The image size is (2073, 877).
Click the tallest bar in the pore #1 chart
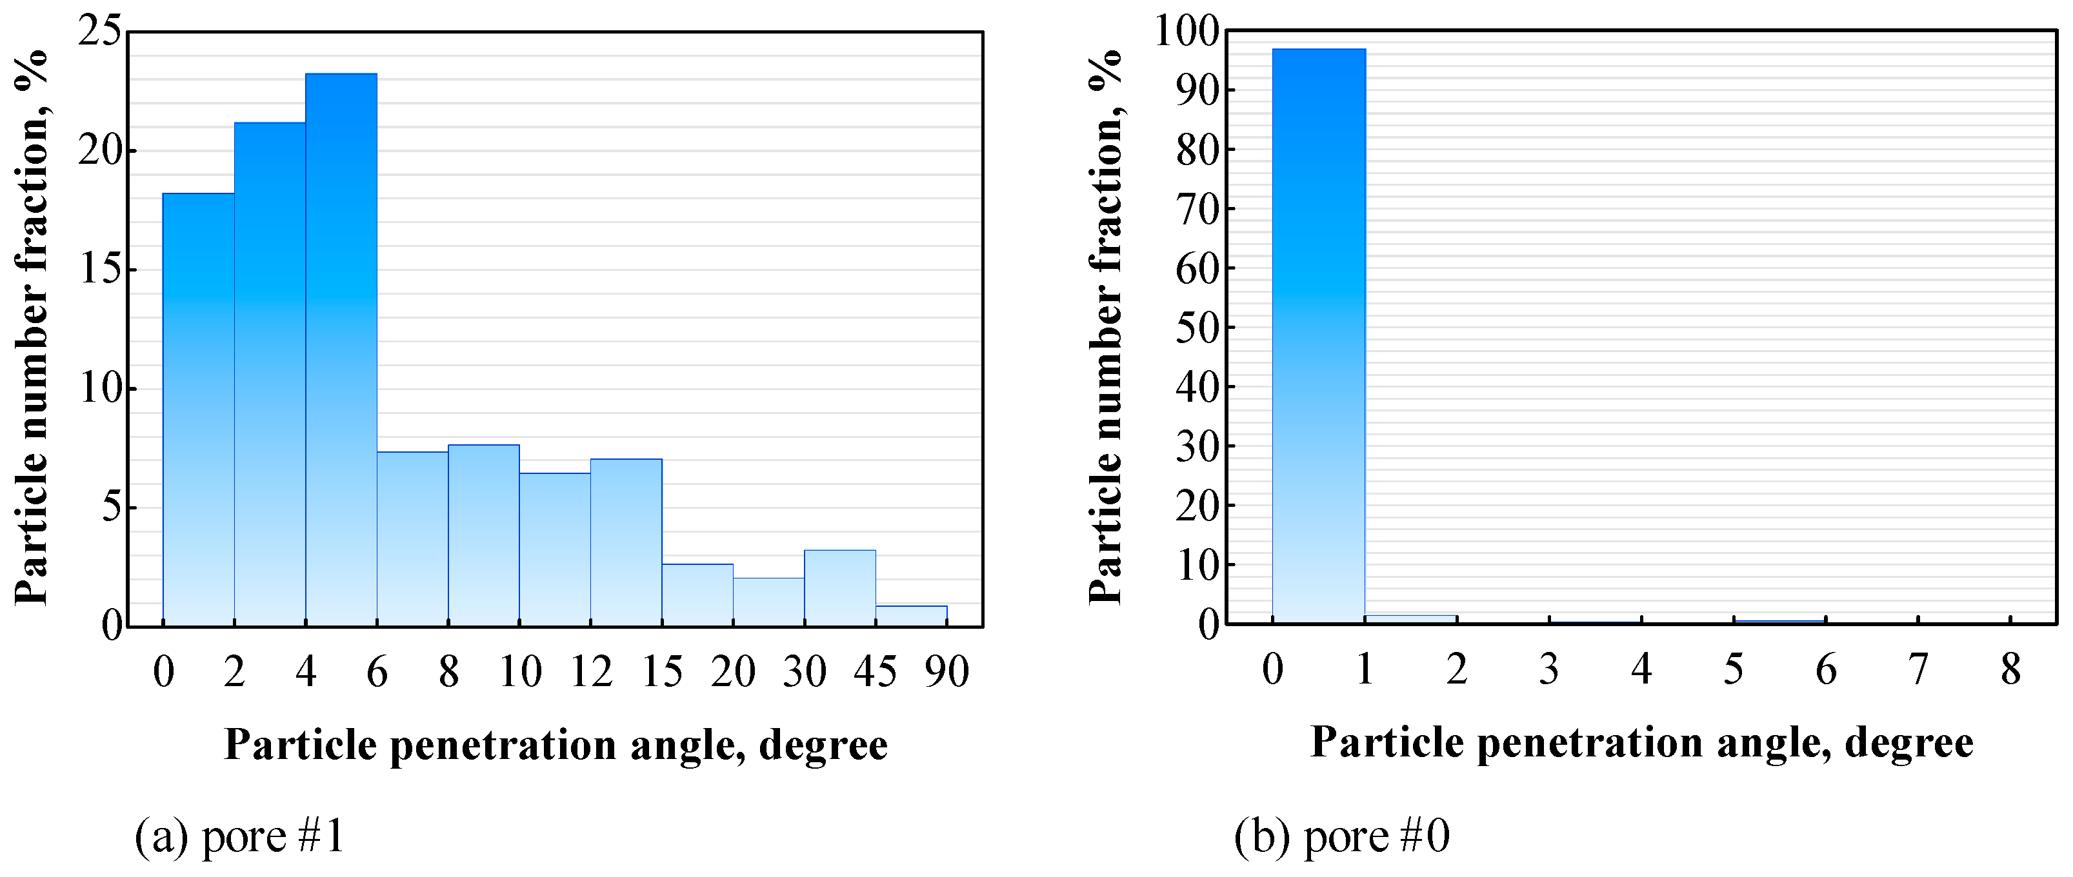tap(341, 350)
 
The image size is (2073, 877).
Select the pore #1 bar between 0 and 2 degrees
tap(199, 409)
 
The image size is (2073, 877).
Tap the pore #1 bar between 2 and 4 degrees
tap(270, 374)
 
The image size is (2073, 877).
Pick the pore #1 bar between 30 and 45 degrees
tap(839, 588)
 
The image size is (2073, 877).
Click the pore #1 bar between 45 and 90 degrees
tap(911, 616)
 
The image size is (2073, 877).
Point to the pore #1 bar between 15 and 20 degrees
tap(697, 595)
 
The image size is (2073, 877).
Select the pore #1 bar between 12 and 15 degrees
tap(626, 542)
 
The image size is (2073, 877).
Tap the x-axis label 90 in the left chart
tap(946, 671)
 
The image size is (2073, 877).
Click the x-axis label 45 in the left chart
tap(876, 671)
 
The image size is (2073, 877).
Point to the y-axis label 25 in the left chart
tap(101, 34)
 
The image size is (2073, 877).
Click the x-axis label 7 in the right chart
tap(1919, 669)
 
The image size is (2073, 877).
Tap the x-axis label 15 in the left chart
tap(663, 671)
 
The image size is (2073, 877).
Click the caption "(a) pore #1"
tap(240, 835)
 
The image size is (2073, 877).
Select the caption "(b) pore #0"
tap(1341, 835)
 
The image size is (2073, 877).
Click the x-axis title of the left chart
tap(556, 745)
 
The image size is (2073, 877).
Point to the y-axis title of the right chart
tap(1106, 326)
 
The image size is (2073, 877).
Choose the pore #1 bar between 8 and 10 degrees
tap(484, 535)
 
